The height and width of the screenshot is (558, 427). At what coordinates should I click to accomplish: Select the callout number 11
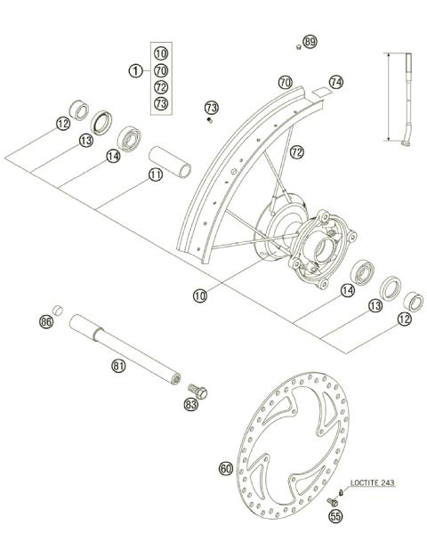(x=156, y=174)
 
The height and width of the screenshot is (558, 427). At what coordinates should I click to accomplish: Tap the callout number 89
(x=310, y=42)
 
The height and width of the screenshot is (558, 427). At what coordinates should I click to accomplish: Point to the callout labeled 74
(x=335, y=81)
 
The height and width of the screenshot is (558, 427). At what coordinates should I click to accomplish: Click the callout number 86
(x=46, y=321)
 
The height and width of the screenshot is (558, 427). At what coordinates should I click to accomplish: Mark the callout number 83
(x=190, y=405)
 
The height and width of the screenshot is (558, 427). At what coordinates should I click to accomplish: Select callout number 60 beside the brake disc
(x=225, y=467)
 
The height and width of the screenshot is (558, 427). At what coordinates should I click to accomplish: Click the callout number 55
(x=335, y=515)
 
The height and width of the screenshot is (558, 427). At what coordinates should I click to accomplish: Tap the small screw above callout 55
(x=342, y=496)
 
